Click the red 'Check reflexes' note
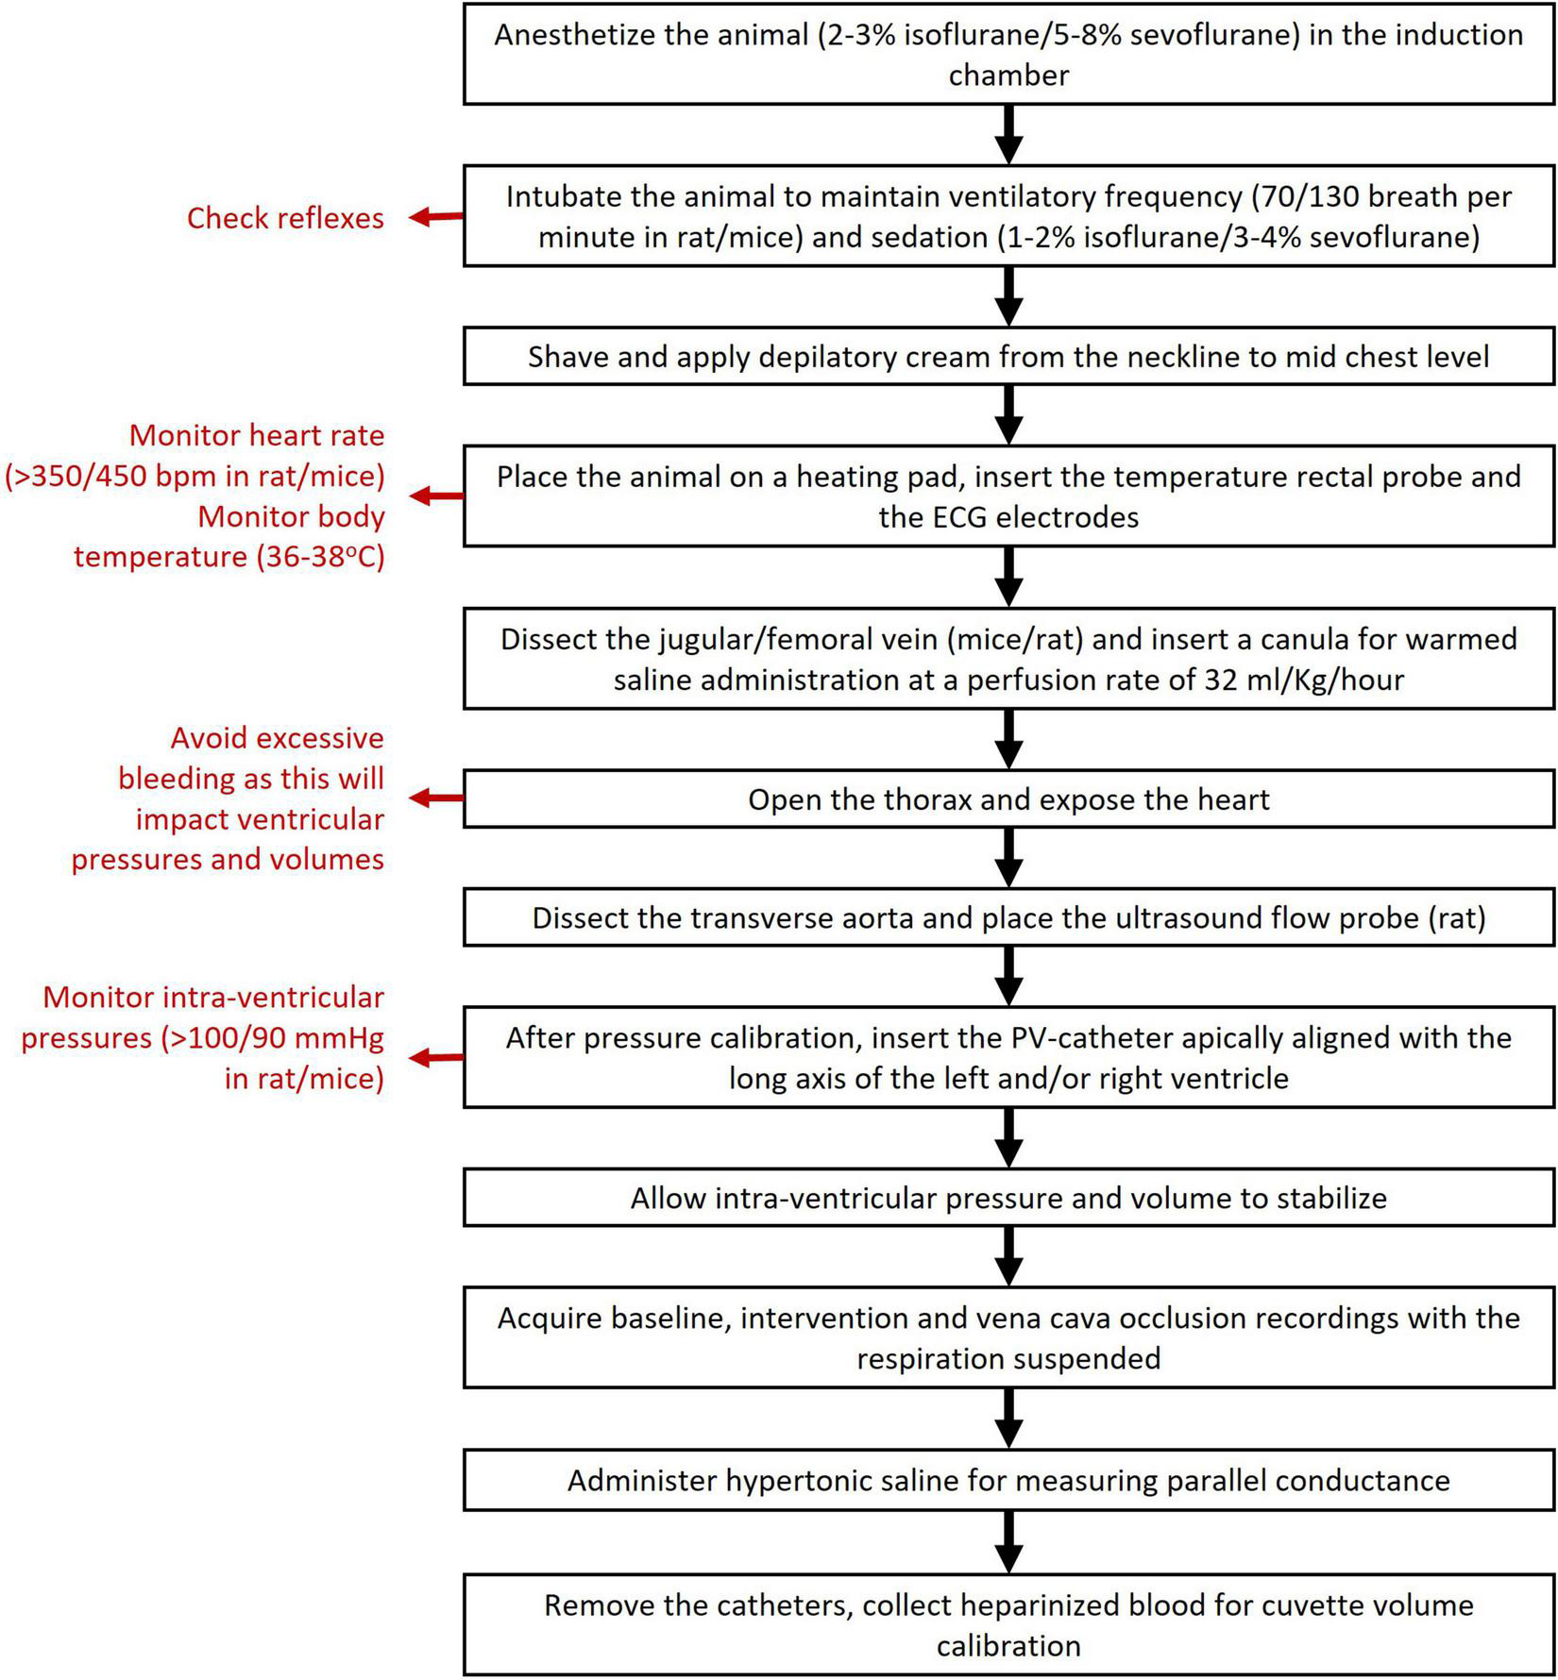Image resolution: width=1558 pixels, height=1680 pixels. click(285, 218)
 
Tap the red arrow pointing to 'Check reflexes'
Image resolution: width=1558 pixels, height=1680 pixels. click(435, 217)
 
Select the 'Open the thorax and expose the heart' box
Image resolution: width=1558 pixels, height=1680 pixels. click(1008, 799)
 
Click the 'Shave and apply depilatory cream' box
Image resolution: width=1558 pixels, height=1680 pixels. click(1008, 357)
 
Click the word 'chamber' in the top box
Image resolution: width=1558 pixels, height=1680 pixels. click(1008, 76)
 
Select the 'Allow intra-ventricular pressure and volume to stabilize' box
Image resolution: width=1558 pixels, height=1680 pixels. click(1008, 1198)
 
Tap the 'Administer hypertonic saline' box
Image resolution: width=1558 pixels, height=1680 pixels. click(1008, 1479)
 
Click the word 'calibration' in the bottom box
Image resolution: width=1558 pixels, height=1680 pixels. click(1008, 1645)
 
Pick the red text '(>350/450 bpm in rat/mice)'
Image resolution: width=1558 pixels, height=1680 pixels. click(195, 476)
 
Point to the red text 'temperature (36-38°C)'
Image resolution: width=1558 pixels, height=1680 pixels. click(229, 557)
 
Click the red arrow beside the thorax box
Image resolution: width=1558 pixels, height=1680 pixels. click(435, 798)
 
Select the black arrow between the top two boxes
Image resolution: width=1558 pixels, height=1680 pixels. click(1009, 134)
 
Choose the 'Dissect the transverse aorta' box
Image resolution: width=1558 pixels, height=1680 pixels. click(1008, 918)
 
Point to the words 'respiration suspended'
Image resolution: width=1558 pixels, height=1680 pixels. click(1008, 1358)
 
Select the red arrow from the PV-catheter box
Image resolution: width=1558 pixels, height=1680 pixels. click(435, 1057)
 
